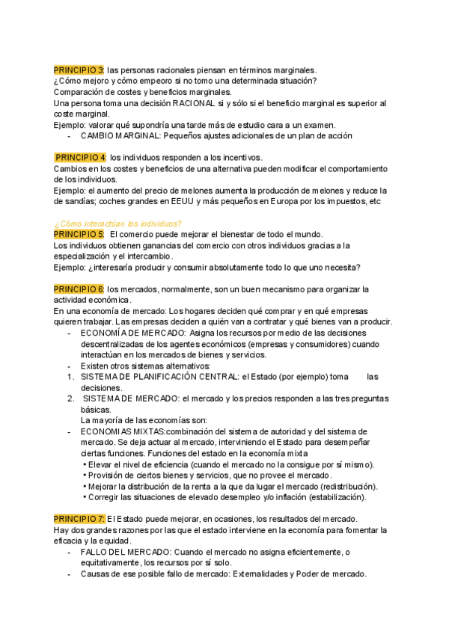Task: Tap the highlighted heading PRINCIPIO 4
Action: tap(81, 158)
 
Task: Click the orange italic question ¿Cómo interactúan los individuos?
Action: tap(117, 223)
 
